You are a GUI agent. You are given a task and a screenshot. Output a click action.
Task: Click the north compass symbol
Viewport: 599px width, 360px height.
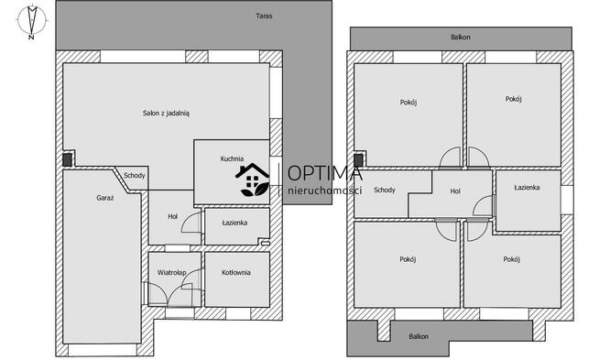point(32,22)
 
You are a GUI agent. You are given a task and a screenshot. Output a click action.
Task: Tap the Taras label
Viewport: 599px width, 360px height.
point(264,16)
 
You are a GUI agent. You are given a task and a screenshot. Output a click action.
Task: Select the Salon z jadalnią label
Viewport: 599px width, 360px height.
point(166,113)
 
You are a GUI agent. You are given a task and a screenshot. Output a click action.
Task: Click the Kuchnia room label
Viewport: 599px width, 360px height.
point(232,158)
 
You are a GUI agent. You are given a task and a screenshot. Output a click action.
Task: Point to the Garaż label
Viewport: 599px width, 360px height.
point(105,198)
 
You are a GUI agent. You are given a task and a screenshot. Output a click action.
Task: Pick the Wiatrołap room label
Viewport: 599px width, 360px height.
point(172,272)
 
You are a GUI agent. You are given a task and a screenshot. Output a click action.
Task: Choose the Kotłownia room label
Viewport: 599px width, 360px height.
point(236,272)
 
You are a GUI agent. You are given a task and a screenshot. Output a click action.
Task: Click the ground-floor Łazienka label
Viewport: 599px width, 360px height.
point(234,223)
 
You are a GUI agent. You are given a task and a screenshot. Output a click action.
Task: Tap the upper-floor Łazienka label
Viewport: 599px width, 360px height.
point(527,187)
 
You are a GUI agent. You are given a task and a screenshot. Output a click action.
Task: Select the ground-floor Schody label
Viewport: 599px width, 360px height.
point(135,175)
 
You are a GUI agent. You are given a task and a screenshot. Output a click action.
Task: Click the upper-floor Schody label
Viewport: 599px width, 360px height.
point(385,190)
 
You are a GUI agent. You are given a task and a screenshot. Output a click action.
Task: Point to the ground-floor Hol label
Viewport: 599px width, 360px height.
point(173,217)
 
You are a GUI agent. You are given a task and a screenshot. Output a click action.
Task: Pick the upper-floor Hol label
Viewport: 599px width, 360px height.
point(455,191)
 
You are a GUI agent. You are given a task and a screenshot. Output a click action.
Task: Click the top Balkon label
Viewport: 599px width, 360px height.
point(461,37)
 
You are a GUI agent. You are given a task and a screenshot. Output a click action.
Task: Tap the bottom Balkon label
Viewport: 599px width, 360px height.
point(419,337)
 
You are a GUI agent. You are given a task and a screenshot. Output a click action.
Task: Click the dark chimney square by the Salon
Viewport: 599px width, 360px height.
point(67,159)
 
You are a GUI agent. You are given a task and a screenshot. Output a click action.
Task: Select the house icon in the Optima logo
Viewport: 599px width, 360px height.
point(253,180)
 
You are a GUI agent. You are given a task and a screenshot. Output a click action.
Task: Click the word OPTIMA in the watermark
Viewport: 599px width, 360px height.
point(325,173)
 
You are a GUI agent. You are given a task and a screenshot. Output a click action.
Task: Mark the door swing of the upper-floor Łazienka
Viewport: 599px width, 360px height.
point(482,207)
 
